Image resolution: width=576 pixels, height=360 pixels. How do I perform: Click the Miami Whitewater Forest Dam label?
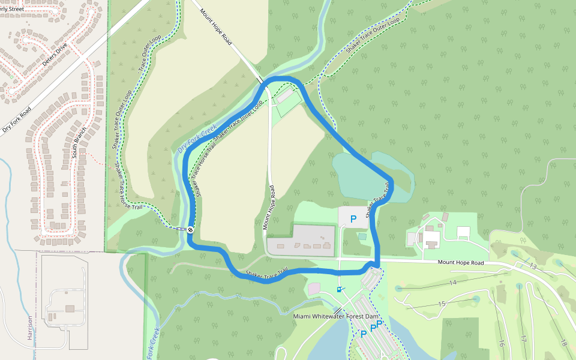336,316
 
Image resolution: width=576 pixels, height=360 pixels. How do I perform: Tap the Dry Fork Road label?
16,119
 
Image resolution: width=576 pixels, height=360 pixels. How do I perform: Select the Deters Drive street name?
57,55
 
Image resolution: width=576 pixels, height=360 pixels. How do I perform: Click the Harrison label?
29,328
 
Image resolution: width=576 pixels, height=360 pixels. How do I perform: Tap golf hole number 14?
453,282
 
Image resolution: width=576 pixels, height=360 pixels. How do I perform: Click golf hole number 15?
442,304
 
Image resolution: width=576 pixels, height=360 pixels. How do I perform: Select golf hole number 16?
501,343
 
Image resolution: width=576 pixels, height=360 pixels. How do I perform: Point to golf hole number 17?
523,339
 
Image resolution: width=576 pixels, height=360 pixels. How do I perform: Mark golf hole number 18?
563,343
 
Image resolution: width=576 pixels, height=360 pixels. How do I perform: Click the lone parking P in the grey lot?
353,220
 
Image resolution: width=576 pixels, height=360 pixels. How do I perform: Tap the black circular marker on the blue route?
190,229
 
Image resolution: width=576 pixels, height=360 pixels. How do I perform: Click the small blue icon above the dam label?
340,290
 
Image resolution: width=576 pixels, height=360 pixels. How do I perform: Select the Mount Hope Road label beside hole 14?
460,262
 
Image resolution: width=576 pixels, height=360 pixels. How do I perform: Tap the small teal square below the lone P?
362,236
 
